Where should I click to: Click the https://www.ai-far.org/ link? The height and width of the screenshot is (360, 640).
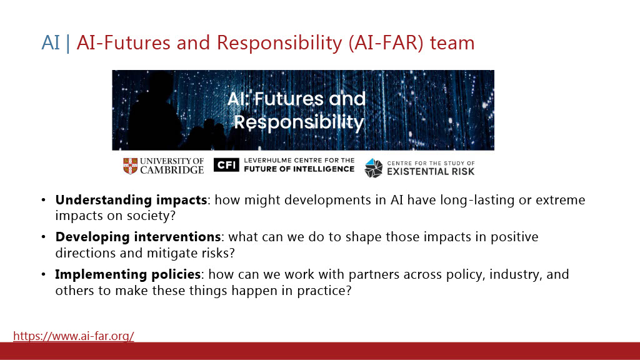74,336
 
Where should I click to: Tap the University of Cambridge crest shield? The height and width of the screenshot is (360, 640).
130,166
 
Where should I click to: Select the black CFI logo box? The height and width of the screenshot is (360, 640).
226,165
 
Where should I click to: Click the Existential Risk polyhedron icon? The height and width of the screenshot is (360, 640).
374,168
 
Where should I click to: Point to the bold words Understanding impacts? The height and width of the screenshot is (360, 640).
131,200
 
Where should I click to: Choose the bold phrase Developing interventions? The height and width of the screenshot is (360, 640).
138,237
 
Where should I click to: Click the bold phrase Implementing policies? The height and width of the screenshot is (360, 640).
127,274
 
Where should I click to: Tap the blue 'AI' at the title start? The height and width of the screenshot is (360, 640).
51,43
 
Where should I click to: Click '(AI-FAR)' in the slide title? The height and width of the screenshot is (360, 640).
386,43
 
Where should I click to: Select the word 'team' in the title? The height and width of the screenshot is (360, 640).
452,43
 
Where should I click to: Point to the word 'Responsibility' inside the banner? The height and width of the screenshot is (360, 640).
299,122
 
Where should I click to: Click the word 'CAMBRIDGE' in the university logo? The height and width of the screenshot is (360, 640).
172,170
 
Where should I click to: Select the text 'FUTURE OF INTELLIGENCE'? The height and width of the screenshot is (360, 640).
299,169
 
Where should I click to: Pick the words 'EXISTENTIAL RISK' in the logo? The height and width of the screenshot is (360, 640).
431,171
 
